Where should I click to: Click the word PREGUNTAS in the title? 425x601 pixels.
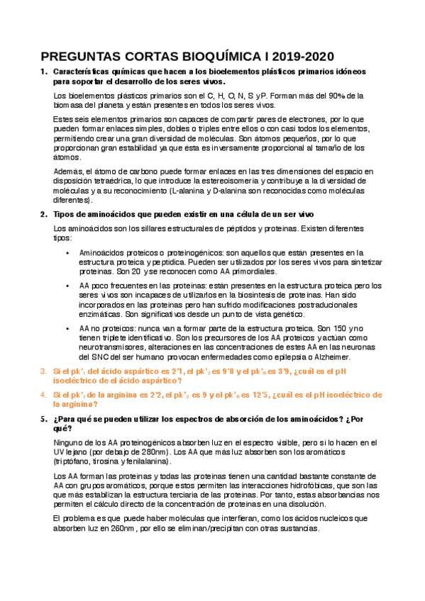[x=79, y=57]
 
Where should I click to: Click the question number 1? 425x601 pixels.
[x=43, y=72]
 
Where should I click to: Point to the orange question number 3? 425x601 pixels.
[x=43, y=371]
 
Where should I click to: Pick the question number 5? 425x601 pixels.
[x=43, y=419]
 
